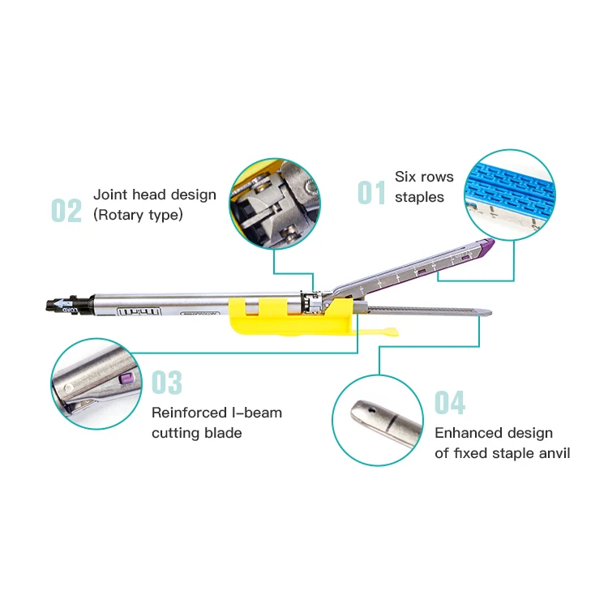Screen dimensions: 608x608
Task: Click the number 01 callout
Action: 372,193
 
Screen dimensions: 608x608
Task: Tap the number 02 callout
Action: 66,210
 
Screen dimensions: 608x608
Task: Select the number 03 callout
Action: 167,383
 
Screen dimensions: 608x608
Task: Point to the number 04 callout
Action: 449,402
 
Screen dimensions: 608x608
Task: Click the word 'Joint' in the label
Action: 110,195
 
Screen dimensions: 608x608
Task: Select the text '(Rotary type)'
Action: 138,215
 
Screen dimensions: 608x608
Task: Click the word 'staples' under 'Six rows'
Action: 419,197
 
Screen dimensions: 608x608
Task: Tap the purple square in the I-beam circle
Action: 124,377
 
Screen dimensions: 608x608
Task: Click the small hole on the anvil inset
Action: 364,410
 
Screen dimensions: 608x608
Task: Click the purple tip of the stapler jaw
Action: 487,249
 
